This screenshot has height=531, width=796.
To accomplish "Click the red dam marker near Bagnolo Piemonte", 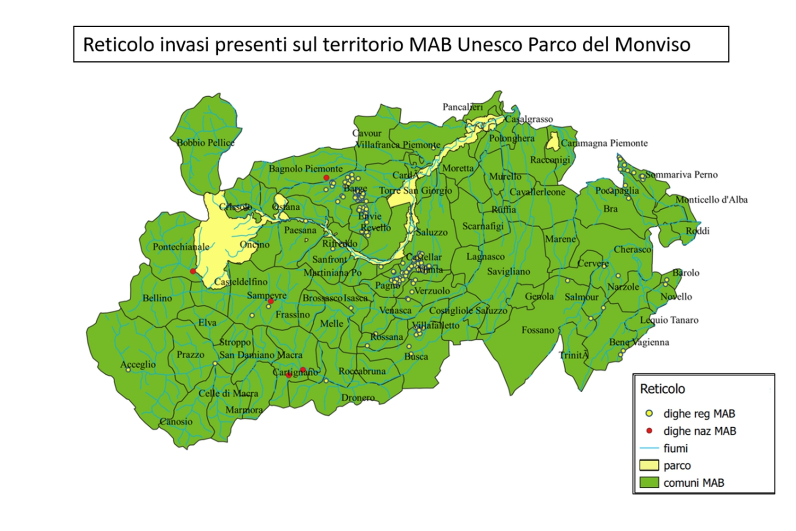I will pyautogui.click(x=326, y=178).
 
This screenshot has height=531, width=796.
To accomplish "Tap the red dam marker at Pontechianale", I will pyautogui.click(x=193, y=271).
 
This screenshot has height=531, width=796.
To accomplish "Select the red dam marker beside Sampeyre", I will pyautogui.click(x=271, y=301).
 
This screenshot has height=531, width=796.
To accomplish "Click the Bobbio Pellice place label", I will pyautogui.click(x=205, y=142).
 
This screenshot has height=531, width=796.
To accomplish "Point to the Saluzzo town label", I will pyautogui.click(x=432, y=232).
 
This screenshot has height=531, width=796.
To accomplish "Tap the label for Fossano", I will pyautogui.click(x=538, y=330).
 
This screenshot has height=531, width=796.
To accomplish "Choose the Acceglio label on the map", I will pyautogui.click(x=138, y=364).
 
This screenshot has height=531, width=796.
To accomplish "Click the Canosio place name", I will pyautogui.click(x=176, y=421).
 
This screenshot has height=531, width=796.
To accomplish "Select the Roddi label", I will pyautogui.click(x=697, y=231).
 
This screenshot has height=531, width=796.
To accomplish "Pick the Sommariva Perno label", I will pyautogui.click(x=681, y=175).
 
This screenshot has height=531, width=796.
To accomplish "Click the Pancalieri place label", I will pyautogui.click(x=462, y=107).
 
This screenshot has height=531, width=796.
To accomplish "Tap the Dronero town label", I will pyautogui.click(x=357, y=397).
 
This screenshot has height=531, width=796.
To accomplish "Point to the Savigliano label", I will pyautogui.click(x=509, y=271).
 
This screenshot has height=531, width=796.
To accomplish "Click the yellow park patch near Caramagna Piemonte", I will pyautogui.click(x=553, y=141).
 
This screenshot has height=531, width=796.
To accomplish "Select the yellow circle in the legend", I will pyautogui.click(x=650, y=413).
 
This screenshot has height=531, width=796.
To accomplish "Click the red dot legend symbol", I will pyautogui.click(x=650, y=431).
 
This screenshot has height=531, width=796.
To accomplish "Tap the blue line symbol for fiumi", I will pyautogui.click(x=650, y=448).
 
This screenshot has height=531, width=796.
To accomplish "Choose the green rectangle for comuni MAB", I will pyautogui.click(x=650, y=483).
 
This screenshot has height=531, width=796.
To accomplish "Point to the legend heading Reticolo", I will pyautogui.click(x=662, y=389).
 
